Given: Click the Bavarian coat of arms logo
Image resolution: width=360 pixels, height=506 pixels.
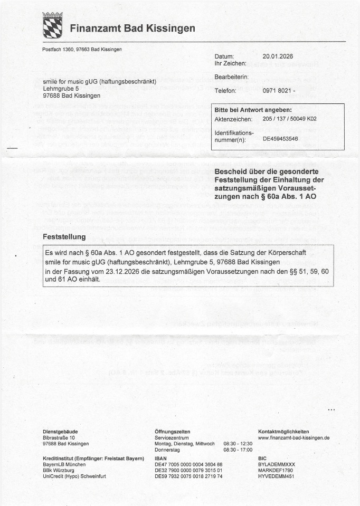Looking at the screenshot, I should click(x=52, y=25).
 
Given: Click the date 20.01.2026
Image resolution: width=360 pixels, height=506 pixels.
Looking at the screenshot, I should click(x=277, y=56).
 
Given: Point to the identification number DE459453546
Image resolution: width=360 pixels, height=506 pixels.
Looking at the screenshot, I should click(x=281, y=139).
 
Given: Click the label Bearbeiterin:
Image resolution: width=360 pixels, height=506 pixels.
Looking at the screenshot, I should click(x=232, y=77).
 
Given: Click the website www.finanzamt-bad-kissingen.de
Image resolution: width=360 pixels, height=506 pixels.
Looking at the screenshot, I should click(x=293, y=438).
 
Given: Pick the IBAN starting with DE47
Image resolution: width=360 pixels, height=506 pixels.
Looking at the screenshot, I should click(x=188, y=465).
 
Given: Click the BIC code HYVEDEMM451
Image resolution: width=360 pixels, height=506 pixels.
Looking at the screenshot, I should click(x=276, y=476).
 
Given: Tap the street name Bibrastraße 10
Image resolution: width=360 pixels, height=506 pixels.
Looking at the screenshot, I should click(x=59, y=438).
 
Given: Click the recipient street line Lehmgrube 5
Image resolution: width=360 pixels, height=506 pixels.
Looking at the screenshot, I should click(x=61, y=89).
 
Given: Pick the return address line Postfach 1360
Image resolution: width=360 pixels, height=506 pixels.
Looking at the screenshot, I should click(x=59, y=50).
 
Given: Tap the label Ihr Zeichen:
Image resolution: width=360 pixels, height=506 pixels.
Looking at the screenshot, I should click(x=231, y=63).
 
